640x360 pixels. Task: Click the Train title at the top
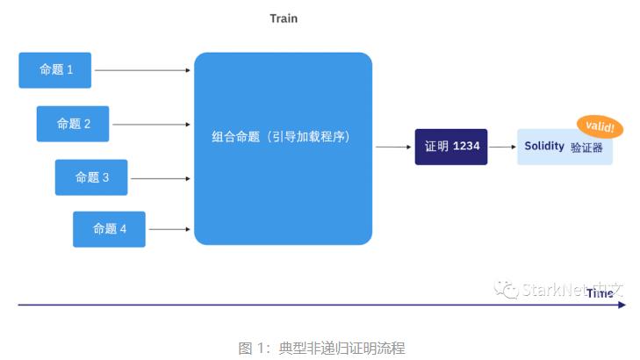[x=284, y=18]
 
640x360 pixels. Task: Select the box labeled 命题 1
[x=55, y=70]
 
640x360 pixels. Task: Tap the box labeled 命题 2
[x=73, y=124]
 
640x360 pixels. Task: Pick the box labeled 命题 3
[x=91, y=177]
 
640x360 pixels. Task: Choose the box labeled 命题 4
[x=110, y=229]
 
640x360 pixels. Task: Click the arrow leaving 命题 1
[x=142, y=70]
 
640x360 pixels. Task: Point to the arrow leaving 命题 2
[x=151, y=124]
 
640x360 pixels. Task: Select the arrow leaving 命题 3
[x=161, y=177]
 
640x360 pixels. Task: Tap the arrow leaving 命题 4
[x=169, y=229]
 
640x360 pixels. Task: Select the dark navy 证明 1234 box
[x=451, y=147]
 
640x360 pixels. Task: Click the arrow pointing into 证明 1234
[x=394, y=147]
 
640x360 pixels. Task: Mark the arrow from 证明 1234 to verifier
[x=501, y=147]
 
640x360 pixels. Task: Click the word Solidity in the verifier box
[x=544, y=147]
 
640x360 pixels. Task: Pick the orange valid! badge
[x=600, y=127]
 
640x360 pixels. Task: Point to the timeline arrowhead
[x=622, y=305]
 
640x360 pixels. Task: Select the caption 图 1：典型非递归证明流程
[x=321, y=348]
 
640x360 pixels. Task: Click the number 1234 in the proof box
[x=466, y=147]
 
